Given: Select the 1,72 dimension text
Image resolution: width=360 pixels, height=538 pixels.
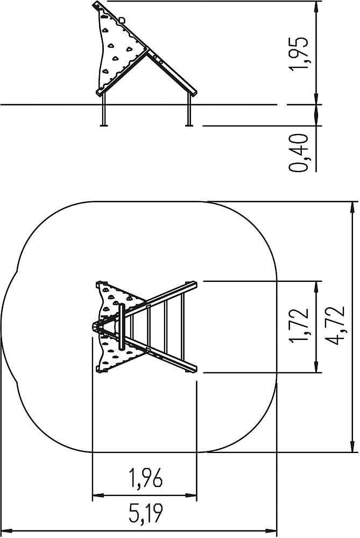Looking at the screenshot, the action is [x=298, y=326].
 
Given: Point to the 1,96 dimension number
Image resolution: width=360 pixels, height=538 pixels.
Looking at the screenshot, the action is [x=145, y=478].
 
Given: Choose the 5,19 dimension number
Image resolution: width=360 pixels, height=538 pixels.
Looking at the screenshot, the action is [x=145, y=513].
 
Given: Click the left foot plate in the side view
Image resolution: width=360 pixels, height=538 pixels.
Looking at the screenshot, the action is [x=104, y=125].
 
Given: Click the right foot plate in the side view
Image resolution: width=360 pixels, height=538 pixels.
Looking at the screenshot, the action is [x=188, y=125].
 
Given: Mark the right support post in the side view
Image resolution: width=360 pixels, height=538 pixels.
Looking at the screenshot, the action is [x=188, y=109].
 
